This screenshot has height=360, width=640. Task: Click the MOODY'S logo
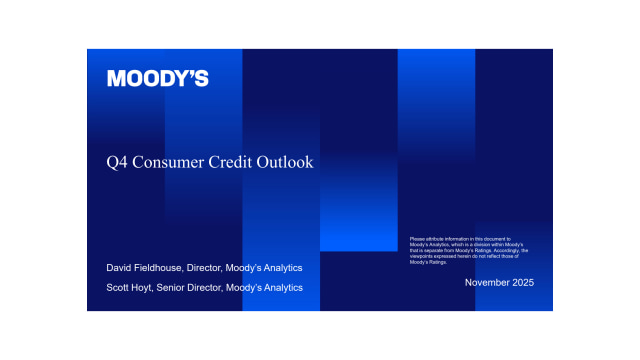pyautogui.click(x=158, y=79)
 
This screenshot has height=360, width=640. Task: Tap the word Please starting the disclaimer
pyautogui.click(x=417, y=238)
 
